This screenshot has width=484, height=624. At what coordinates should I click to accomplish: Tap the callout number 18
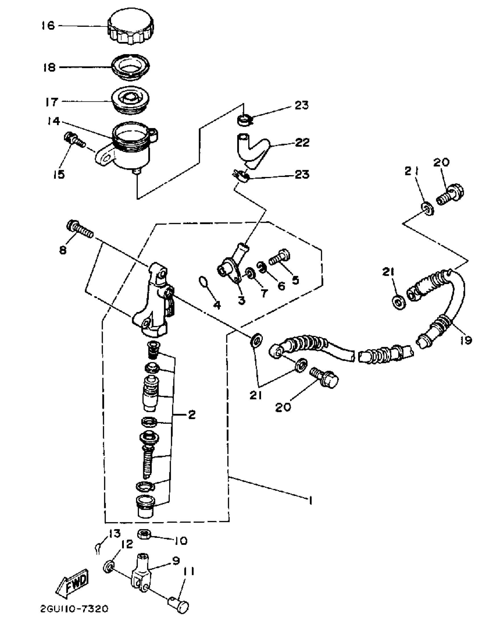49,68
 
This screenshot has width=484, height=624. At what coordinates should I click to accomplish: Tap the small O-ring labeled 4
203,282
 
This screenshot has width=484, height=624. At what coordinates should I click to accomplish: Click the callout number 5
295,280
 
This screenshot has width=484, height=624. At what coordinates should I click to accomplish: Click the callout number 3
241,300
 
